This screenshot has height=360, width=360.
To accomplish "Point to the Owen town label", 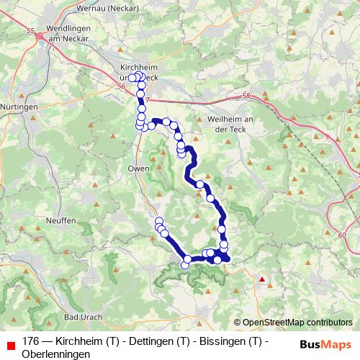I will [x=140, y=168].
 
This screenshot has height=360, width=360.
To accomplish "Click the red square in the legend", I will [x=9, y=343].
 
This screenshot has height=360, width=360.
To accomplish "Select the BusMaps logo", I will [x=323, y=343].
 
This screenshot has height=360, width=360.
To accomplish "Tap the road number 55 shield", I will [x=30, y=31].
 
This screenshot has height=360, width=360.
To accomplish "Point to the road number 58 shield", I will [x=246, y=95].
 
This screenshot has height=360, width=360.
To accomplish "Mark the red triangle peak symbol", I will [x=263, y=279].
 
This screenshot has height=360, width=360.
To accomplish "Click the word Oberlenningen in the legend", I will [x=56, y=354].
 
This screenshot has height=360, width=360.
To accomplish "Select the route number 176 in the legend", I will [x=31, y=341].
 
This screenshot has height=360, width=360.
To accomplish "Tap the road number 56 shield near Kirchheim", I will [x=120, y=84].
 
